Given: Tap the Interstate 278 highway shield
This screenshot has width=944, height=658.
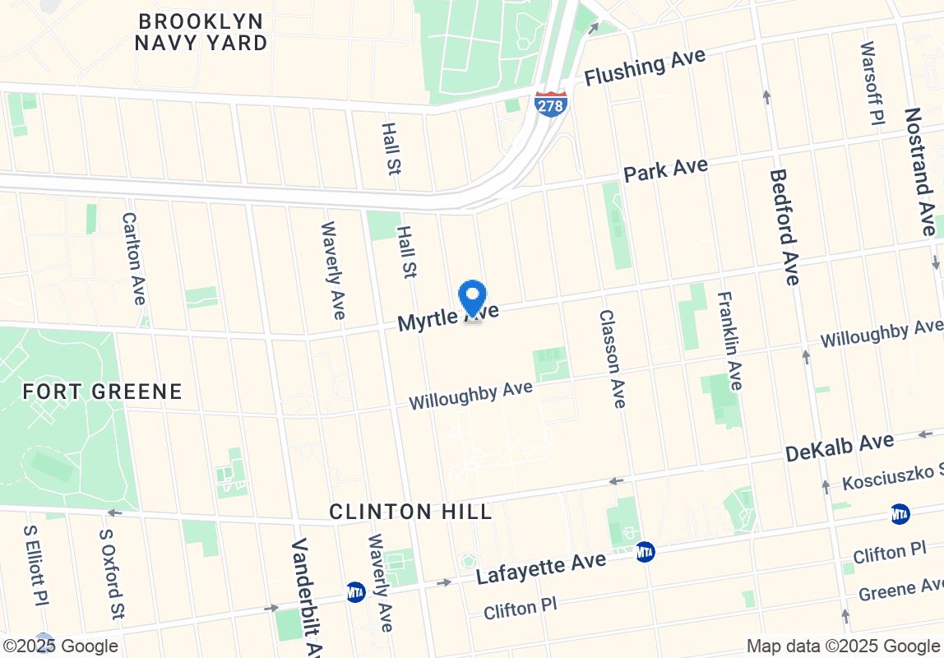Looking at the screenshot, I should [549, 104].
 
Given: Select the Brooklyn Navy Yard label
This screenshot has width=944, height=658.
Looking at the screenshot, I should [201, 32].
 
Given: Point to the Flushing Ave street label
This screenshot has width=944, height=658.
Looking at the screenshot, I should [646, 66].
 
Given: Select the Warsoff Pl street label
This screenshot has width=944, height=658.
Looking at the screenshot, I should [872, 83].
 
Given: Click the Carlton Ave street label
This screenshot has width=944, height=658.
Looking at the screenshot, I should [132, 258].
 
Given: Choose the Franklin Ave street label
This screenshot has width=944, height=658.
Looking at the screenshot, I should [729, 341].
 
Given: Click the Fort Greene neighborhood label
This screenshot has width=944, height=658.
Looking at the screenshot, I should [103, 392].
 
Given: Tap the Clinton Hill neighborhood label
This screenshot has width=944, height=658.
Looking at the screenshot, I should [410, 512].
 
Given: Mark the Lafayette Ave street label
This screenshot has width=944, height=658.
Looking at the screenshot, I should [541, 568].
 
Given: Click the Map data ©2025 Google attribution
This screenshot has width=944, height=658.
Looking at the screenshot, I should [843, 646].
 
